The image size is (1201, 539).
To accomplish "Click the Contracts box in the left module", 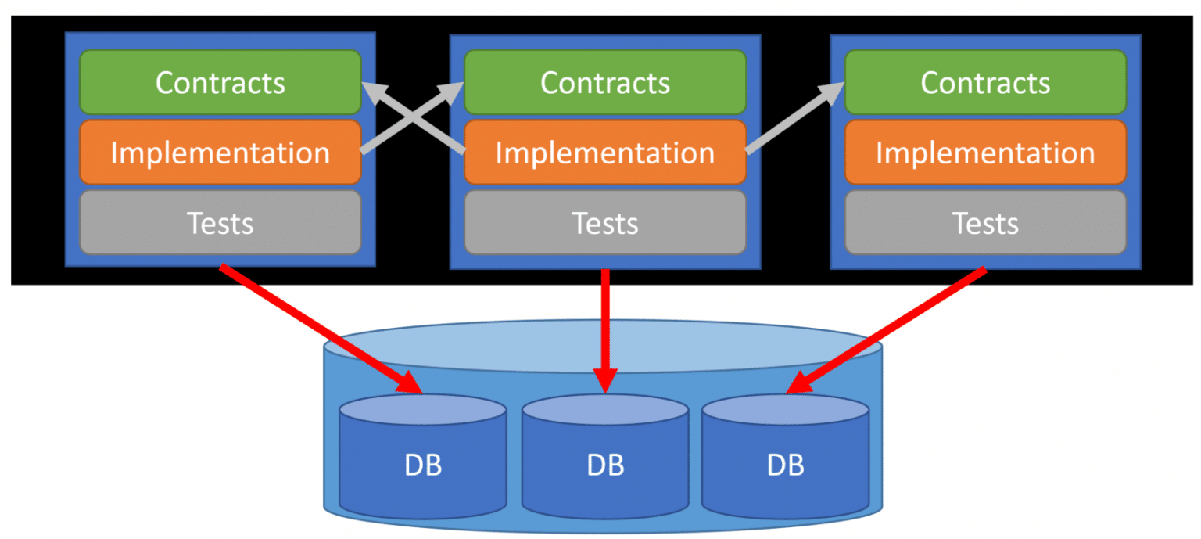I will pyautogui.click(x=220, y=82).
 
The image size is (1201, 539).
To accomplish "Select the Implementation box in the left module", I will pyautogui.click(x=220, y=153).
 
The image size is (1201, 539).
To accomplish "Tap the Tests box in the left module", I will pyautogui.click(x=220, y=223).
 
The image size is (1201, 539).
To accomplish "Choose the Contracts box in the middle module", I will pyautogui.click(x=605, y=82).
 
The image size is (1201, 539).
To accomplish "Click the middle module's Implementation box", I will pyautogui.click(x=605, y=153).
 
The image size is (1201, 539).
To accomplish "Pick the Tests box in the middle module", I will pyautogui.click(x=605, y=223).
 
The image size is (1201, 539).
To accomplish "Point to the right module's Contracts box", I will pyautogui.click(x=985, y=82).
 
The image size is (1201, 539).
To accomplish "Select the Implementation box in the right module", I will pyautogui.click(x=985, y=153).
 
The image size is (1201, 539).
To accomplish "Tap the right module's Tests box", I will pyautogui.click(x=985, y=223).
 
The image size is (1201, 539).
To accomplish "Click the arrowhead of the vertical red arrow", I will pyautogui.click(x=604, y=379).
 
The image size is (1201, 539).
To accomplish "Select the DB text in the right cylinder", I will pyautogui.click(x=786, y=465).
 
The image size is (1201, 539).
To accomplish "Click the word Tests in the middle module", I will pyautogui.click(x=605, y=224).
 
